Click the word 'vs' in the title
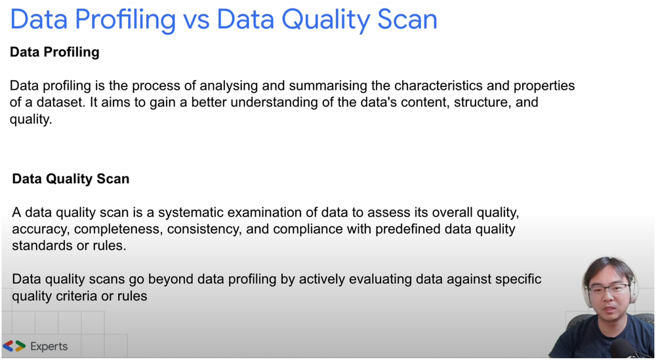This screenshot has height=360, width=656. click(195, 20)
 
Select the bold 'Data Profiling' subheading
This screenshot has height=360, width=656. click(54, 52)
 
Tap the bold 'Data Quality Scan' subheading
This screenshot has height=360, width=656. click(71, 178)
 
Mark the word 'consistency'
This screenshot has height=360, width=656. click(208, 230)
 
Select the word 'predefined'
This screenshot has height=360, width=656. click(407, 230)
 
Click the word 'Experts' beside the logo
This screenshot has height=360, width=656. click(49, 346)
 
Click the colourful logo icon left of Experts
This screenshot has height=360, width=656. click(14, 346)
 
